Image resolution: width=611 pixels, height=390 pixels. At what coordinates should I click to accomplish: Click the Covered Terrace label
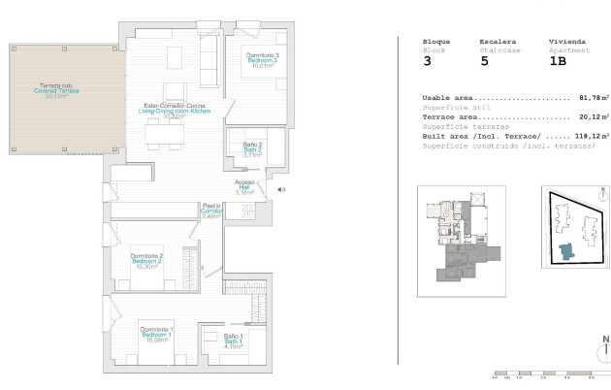pos(56,90)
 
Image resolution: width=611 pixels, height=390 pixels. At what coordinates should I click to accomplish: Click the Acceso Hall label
pos(243,186)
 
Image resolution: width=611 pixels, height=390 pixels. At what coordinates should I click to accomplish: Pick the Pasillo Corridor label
pos(212,211)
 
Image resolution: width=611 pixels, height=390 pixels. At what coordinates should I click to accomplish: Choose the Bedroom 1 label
pos(157,335)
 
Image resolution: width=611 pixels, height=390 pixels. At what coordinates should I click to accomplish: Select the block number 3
pos(428,61)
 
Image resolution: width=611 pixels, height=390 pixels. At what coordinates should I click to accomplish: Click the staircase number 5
pos(484,61)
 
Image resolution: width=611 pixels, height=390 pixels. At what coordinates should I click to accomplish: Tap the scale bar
pos(543,373)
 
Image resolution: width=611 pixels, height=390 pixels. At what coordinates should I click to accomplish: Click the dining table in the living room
pos(162,136)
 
